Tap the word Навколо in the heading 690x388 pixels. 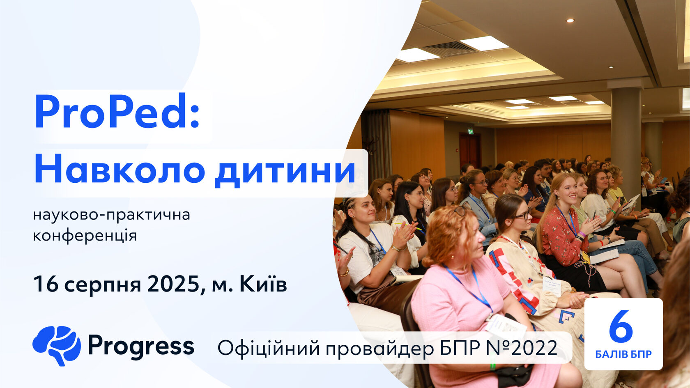(x=120, y=170)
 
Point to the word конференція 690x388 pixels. (x=85, y=236)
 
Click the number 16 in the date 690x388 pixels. (x=46, y=284)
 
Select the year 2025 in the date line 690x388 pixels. (x=174, y=284)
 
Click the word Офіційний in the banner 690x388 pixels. (x=269, y=349)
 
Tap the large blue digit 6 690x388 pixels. (x=621, y=326)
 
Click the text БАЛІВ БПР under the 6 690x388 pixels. (x=623, y=354)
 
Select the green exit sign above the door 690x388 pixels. (x=471, y=132)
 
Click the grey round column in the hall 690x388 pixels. (x=626, y=135)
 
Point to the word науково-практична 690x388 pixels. (x=111, y=215)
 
